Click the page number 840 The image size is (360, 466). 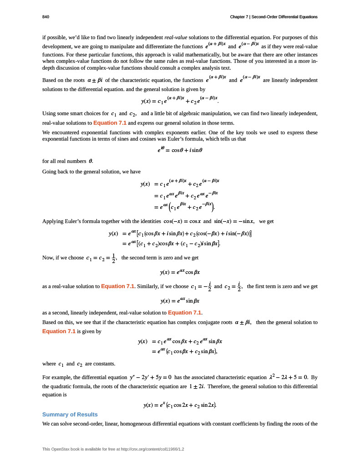(46, 17)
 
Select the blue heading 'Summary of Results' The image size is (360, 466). (70, 414)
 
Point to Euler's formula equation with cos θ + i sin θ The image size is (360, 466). (179, 149)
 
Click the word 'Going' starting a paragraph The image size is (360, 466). (49, 172)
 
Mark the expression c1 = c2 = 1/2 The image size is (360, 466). (101, 258)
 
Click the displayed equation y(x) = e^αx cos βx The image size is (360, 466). (179, 273)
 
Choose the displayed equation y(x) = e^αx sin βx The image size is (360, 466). (179, 301)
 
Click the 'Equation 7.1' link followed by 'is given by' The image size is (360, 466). (59, 331)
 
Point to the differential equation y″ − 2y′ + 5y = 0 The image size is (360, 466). (150, 377)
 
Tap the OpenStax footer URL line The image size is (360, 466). (113, 449)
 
